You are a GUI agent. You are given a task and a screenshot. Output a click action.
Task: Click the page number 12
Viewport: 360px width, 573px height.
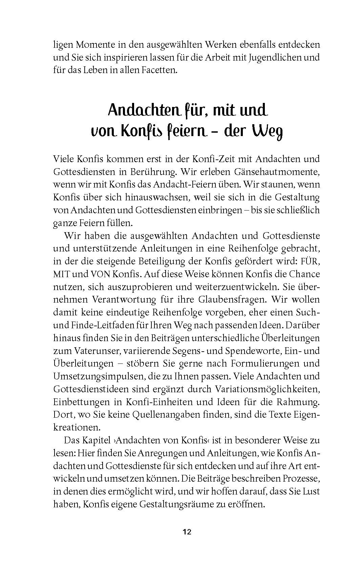[187, 532]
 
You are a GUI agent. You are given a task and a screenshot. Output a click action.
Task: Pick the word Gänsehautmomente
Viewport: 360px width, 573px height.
[277, 172]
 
